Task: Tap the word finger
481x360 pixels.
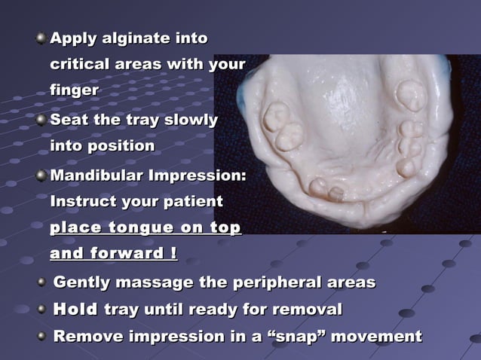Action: pyautogui.click(x=74, y=90)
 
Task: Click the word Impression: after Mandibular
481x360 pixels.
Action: pyautogui.click(x=204, y=176)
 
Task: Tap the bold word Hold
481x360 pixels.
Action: pyautogui.click(x=76, y=309)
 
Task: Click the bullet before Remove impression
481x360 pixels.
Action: pyautogui.click(x=41, y=336)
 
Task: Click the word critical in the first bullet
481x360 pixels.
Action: pyautogui.click(x=81, y=64)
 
